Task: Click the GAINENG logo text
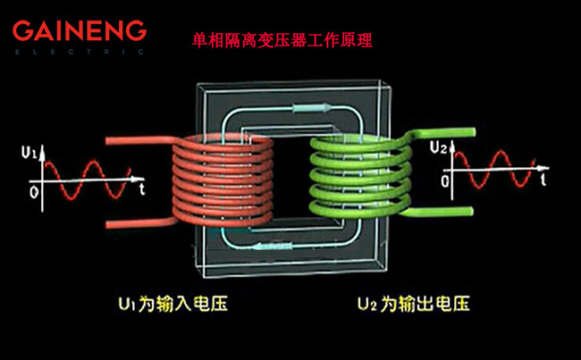tap(79, 31)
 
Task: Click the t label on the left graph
tap(143, 190)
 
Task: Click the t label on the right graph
tap(544, 180)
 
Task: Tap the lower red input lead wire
tap(134, 220)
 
